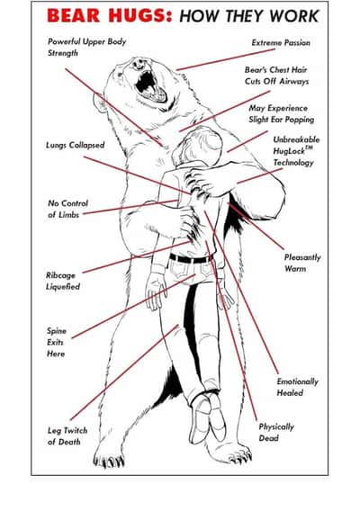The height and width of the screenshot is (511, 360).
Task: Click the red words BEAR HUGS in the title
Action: click(109, 15)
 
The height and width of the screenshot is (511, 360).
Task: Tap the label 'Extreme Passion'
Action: click(281, 42)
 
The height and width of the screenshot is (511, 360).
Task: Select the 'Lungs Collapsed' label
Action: click(76, 145)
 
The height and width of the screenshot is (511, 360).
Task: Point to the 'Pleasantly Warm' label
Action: click(302, 263)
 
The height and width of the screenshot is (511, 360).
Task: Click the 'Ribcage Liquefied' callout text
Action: click(63, 281)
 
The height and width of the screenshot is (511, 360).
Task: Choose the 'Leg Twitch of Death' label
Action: click(67, 436)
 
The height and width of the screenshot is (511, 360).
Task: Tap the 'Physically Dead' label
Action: click(276, 432)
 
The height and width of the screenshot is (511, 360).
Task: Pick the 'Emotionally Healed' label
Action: click(297, 387)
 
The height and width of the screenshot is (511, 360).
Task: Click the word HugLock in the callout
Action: click(289, 151)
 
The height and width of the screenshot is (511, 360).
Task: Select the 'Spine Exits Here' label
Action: click(57, 342)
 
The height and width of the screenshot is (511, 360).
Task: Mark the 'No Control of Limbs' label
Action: click(67, 209)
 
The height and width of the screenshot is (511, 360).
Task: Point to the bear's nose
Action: click(139, 64)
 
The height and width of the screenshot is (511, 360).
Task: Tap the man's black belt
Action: click(192, 259)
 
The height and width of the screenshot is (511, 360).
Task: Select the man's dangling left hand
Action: click(155, 291)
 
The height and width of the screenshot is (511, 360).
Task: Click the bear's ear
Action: click(100, 103)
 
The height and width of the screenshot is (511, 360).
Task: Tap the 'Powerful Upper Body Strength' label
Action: click(86, 48)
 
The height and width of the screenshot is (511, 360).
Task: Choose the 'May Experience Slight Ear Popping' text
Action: click(281, 113)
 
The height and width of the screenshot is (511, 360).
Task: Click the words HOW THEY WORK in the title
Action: click(248, 16)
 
